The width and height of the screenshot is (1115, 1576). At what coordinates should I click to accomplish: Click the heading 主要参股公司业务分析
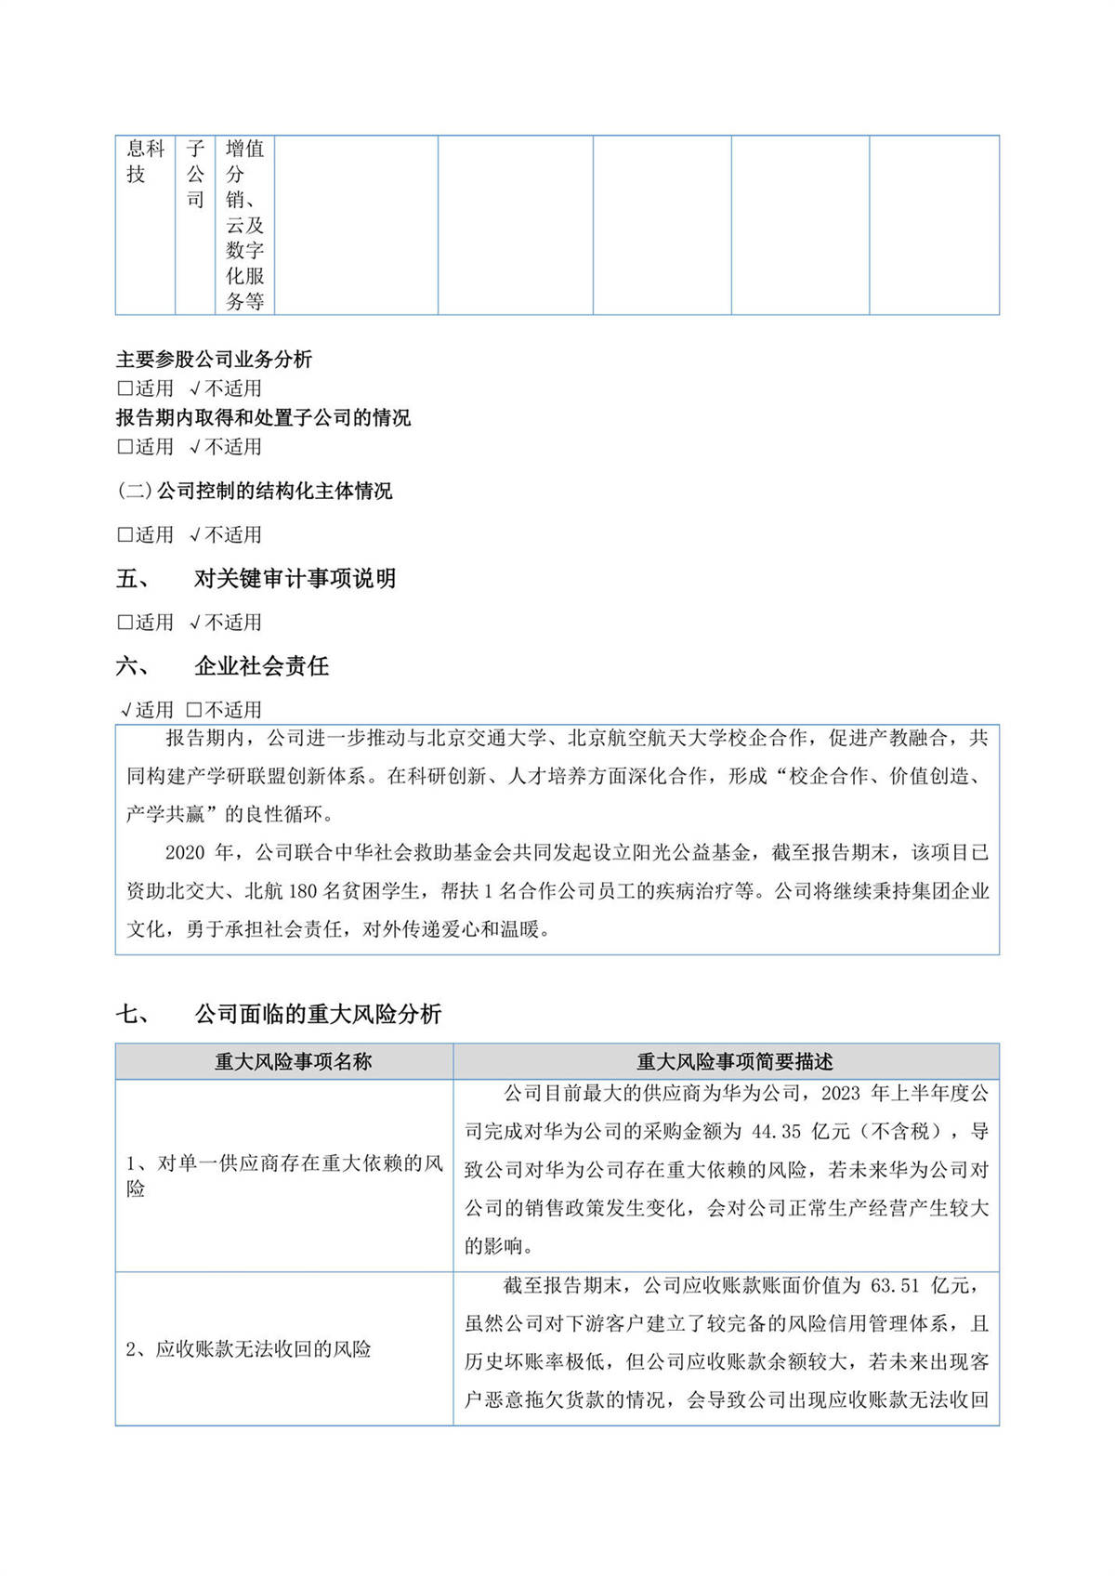214,360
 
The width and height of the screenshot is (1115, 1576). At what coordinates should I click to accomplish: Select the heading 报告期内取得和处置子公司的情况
263,417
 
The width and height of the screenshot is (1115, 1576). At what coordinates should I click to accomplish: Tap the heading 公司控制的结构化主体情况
274,491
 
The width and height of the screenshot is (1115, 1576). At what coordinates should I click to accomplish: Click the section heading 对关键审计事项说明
295,578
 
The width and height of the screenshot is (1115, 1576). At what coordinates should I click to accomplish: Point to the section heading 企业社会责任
261,665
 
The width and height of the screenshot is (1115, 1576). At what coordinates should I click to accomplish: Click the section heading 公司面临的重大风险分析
317,1014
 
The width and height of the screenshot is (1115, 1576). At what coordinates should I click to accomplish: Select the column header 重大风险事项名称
293,1061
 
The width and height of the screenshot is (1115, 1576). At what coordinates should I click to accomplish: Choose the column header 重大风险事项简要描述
734,1061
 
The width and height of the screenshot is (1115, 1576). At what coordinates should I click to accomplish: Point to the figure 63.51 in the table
894,1285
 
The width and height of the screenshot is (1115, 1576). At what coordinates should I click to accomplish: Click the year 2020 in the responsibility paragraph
186,852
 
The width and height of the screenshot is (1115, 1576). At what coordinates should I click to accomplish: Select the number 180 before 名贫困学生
302,890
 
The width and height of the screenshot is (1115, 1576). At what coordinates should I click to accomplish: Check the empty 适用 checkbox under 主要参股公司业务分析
125,388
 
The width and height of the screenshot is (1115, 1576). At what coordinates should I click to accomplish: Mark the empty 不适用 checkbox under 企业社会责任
194,710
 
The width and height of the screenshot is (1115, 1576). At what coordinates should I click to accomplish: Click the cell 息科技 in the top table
145,161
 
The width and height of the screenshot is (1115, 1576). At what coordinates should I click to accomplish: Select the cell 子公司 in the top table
195,173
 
